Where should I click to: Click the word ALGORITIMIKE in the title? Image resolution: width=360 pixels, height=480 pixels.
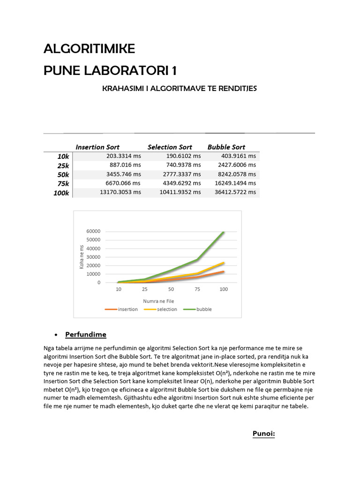(x=89, y=49)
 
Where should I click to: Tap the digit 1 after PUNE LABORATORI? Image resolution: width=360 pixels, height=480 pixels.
(x=174, y=71)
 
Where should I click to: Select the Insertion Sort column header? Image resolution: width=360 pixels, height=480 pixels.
(x=97, y=147)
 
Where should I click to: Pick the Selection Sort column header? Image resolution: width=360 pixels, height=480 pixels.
(x=170, y=147)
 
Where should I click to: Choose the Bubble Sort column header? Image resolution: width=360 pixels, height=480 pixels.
(x=226, y=147)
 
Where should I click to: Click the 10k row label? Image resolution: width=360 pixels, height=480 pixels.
(x=63, y=156)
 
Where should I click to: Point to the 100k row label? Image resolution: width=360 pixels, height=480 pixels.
(x=61, y=193)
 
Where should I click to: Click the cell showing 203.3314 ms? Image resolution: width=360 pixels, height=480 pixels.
(x=123, y=156)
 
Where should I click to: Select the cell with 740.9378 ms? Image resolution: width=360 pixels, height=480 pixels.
(x=183, y=165)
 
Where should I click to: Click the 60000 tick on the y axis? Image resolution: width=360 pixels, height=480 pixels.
(x=93, y=231)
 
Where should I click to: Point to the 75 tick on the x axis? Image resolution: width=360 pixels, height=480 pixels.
(x=197, y=289)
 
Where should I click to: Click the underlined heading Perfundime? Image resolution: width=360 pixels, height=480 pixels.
(x=86, y=335)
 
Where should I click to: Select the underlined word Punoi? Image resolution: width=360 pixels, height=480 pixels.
(x=263, y=434)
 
